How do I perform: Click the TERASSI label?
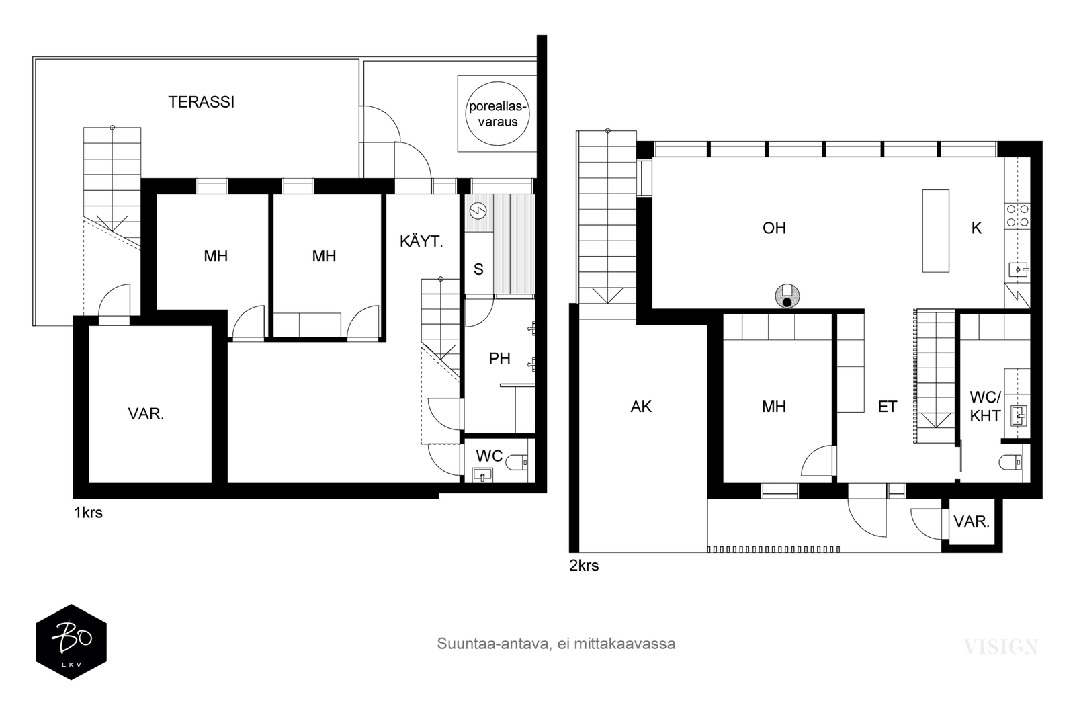(201, 102)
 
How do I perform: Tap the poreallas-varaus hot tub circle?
(498, 114)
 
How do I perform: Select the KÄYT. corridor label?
(421, 241)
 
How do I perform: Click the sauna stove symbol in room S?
(478, 210)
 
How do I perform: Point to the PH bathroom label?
(499, 359)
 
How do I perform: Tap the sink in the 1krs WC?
(482, 475)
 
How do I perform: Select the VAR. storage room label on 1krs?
(146, 414)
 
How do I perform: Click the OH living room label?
(774, 228)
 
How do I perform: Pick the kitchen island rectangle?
(935, 231)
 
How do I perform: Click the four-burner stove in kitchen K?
(1017, 216)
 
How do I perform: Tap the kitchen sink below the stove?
(1017, 269)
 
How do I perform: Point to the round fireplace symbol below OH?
(787, 296)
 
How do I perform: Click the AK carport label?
(641, 407)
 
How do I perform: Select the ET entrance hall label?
(888, 407)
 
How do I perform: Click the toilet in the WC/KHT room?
(1010, 462)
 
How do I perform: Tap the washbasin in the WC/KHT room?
(1019, 415)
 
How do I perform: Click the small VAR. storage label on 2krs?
(972, 521)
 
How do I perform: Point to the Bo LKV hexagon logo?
(71, 642)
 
